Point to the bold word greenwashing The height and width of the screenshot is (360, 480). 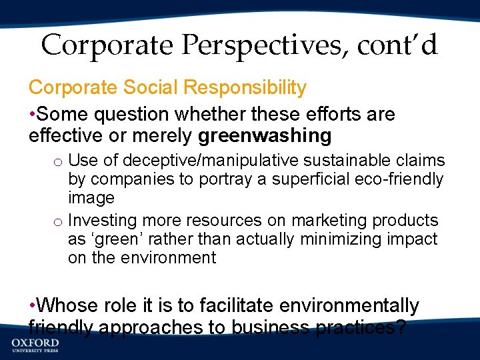click(265, 136)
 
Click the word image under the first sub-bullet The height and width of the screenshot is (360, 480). click(91, 198)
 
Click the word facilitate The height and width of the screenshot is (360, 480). click(243, 306)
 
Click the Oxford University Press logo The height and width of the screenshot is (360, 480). click(35, 346)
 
